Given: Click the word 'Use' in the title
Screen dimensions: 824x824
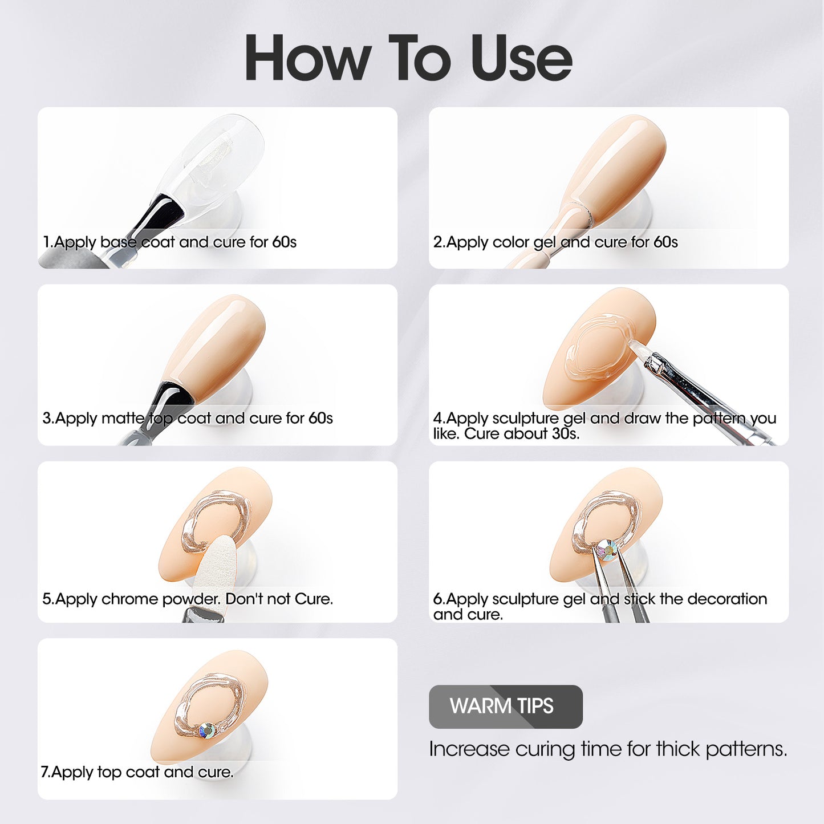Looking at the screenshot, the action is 521,58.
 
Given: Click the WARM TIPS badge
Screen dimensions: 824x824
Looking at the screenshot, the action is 505,707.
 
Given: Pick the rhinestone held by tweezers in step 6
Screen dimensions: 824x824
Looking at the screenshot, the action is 606,549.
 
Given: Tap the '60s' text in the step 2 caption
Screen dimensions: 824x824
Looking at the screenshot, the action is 665,242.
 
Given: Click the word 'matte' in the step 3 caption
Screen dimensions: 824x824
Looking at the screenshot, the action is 124,418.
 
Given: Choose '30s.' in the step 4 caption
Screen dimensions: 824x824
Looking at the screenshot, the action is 565,434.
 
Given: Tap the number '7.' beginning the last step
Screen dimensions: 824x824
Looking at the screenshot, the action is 46,772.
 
